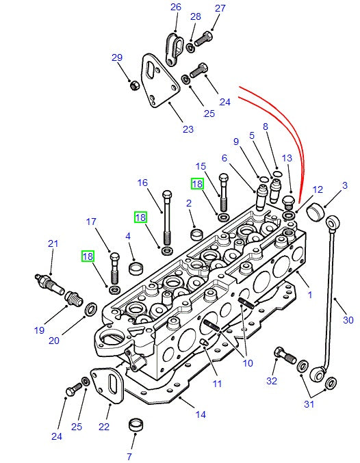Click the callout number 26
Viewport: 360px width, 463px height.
(175, 8)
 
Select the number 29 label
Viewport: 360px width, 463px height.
(116, 57)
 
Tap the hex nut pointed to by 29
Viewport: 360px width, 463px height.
(136, 85)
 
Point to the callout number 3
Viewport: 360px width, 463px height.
(345, 185)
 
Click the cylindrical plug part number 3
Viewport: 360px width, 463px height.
(315, 212)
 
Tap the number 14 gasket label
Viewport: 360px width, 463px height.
(201, 414)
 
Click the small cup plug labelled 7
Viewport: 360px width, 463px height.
(136, 425)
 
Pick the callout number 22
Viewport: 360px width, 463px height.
(105, 427)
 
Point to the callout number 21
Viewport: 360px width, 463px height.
(53, 243)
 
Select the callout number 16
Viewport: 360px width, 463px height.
(142, 183)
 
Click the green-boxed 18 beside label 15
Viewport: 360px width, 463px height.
(197, 183)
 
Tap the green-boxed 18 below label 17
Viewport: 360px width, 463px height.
(88, 256)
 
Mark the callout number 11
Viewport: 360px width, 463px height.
(217, 384)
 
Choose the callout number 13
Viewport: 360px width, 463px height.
(287, 158)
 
